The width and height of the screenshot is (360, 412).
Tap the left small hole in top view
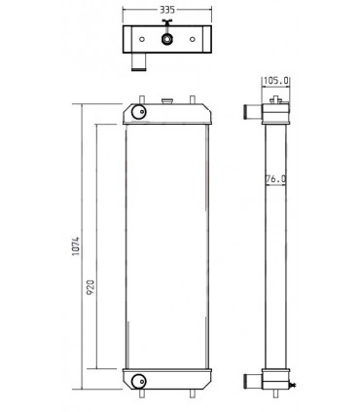click(x=141, y=40)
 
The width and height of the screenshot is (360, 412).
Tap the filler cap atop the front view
click(x=167, y=99)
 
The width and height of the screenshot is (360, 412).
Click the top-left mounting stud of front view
click(x=142, y=98)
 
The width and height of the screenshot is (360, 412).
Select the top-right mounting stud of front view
click(x=195, y=98)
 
